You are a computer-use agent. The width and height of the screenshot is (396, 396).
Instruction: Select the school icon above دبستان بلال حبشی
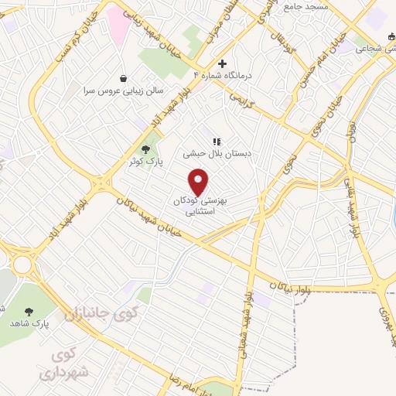(217, 142)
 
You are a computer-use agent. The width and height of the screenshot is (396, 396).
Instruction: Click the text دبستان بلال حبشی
(217, 154)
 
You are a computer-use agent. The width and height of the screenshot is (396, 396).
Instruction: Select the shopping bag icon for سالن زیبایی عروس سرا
(124, 77)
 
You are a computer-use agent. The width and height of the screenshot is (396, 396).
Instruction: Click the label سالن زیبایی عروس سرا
(124, 90)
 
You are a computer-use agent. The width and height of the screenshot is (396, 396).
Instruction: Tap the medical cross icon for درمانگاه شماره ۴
(223, 64)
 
